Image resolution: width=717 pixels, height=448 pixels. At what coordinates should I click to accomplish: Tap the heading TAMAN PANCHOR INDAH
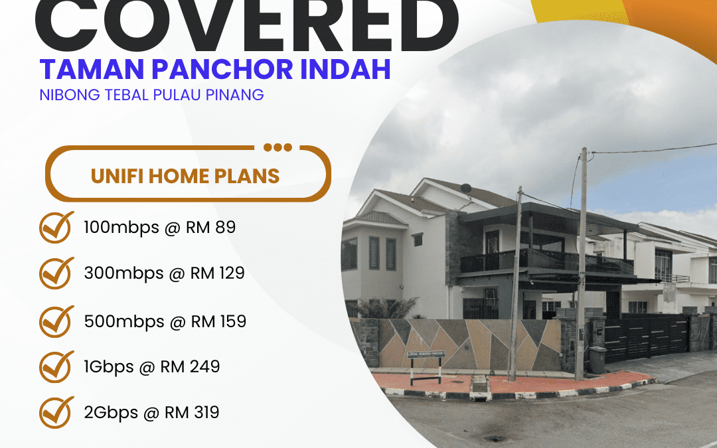(x=215, y=69)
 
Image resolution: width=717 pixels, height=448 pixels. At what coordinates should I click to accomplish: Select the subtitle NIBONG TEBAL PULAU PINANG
(x=151, y=94)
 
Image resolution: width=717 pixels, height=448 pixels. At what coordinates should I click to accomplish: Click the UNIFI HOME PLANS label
(x=185, y=176)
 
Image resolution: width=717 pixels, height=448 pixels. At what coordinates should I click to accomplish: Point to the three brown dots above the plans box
(x=278, y=147)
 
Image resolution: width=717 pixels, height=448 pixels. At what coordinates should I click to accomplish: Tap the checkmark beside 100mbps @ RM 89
(x=56, y=228)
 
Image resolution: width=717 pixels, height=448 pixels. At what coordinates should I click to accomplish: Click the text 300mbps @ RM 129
(x=164, y=273)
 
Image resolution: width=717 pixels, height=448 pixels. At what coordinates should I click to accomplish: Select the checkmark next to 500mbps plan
(x=56, y=321)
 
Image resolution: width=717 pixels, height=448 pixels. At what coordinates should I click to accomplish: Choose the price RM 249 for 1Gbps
(x=190, y=366)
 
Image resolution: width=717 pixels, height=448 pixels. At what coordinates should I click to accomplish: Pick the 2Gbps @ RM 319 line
(x=151, y=412)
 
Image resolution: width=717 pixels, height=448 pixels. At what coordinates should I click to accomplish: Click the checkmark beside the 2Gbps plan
(x=56, y=412)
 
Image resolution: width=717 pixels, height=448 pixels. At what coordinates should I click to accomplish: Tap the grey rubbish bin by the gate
(x=597, y=360)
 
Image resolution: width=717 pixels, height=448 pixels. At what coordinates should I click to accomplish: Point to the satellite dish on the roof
(x=467, y=188)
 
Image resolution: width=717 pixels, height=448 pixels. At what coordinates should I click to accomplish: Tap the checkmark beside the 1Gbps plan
(x=56, y=366)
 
